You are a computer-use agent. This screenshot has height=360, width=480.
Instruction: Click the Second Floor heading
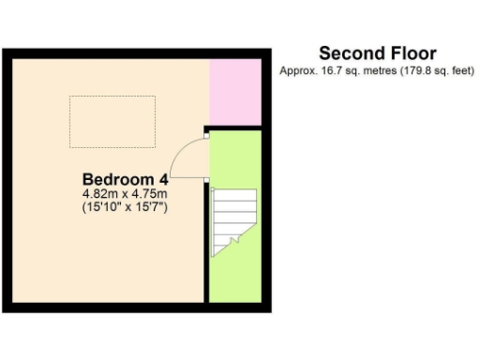click(x=377, y=53)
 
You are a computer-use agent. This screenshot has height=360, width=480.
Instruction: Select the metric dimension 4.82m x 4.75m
click(x=125, y=193)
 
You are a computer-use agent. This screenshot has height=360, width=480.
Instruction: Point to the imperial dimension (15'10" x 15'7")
click(x=125, y=206)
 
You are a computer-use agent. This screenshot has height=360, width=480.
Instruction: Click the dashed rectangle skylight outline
click(x=112, y=121)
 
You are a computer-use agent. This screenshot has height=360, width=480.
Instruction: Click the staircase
click(x=230, y=219)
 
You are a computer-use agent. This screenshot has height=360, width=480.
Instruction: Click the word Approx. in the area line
click(x=299, y=70)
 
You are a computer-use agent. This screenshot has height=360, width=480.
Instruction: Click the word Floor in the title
click(x=413, y=53)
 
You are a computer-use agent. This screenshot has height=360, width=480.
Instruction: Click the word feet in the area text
click(x=459, y=70)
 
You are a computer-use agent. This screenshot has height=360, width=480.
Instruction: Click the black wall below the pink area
click(x=233, y=126)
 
